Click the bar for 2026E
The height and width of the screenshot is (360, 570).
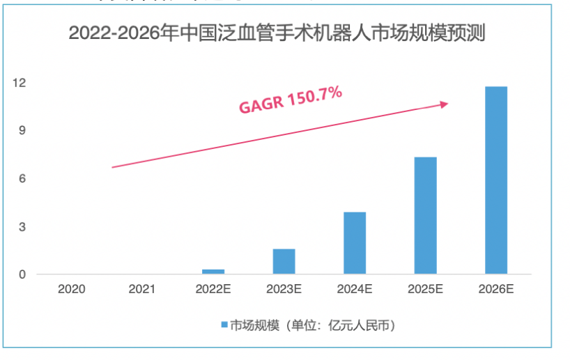[496, 180]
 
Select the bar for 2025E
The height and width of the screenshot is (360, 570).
[425, 215]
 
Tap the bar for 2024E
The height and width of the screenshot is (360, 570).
[355, 242]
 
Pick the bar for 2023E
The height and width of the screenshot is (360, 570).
[284, 261]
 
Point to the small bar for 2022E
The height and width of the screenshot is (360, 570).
[213, 271]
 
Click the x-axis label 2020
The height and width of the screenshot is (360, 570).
[72, 288]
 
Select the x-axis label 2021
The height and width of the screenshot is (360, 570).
[142, 288]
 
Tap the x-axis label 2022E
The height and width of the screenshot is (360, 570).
[213, 288]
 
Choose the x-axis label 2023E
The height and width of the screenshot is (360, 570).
[284, 288]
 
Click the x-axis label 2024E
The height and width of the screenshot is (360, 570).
[355, 288]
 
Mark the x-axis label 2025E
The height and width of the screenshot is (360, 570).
[425, 288]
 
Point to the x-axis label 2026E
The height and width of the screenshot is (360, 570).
[496, 288]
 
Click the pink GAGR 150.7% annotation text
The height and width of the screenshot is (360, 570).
[291, 100]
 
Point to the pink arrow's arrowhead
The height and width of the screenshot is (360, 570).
[444, 104]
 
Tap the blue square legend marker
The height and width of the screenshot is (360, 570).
[224, 325]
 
